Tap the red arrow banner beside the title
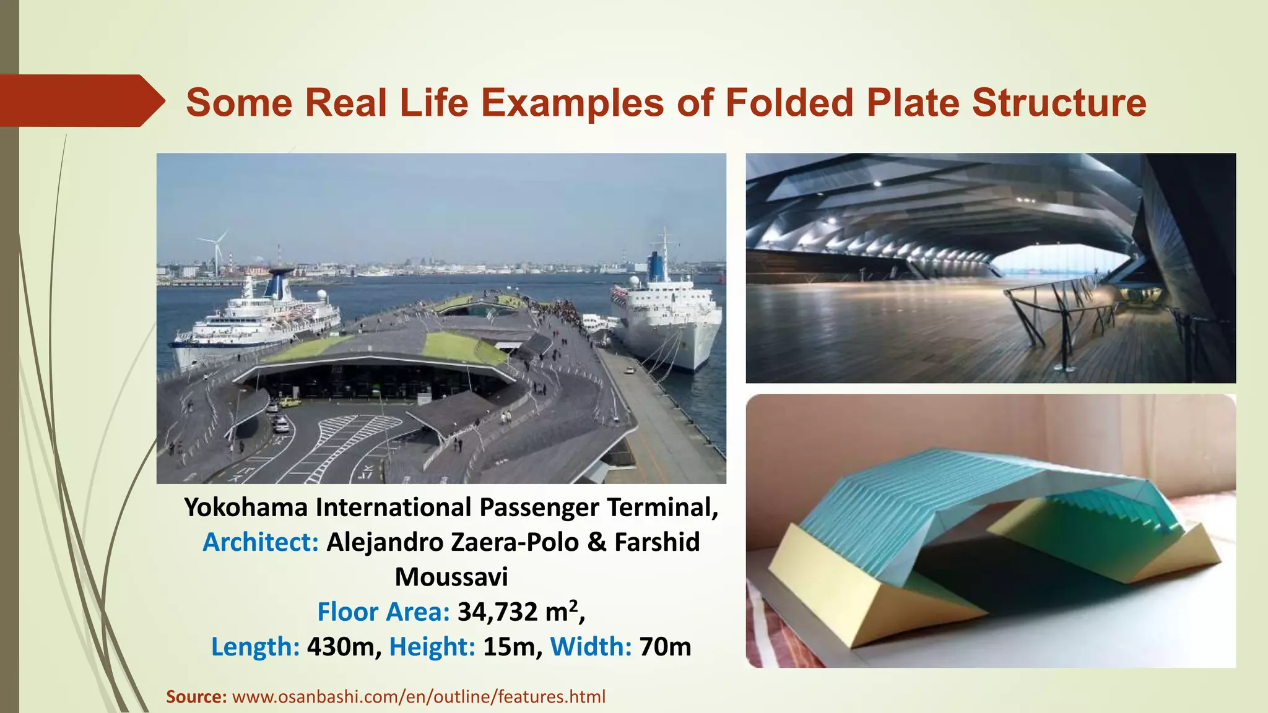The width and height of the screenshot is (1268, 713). pos(80,101)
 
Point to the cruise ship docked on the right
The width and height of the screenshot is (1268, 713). pos(666,316)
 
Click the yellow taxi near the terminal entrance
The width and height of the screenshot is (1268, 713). pos(289,402)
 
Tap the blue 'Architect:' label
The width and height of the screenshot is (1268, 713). pos(261,542)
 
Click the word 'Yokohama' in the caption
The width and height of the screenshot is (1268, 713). pos(246,508)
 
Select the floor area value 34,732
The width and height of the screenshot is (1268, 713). pos(498,612)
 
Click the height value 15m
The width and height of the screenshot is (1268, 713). pos(508,647)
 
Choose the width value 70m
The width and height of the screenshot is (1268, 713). pos(665,647)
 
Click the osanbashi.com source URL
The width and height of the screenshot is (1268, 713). pos(419,697)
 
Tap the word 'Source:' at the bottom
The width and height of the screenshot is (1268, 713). pos(196,697)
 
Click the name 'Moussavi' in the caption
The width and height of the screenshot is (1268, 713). pos(451,577)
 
